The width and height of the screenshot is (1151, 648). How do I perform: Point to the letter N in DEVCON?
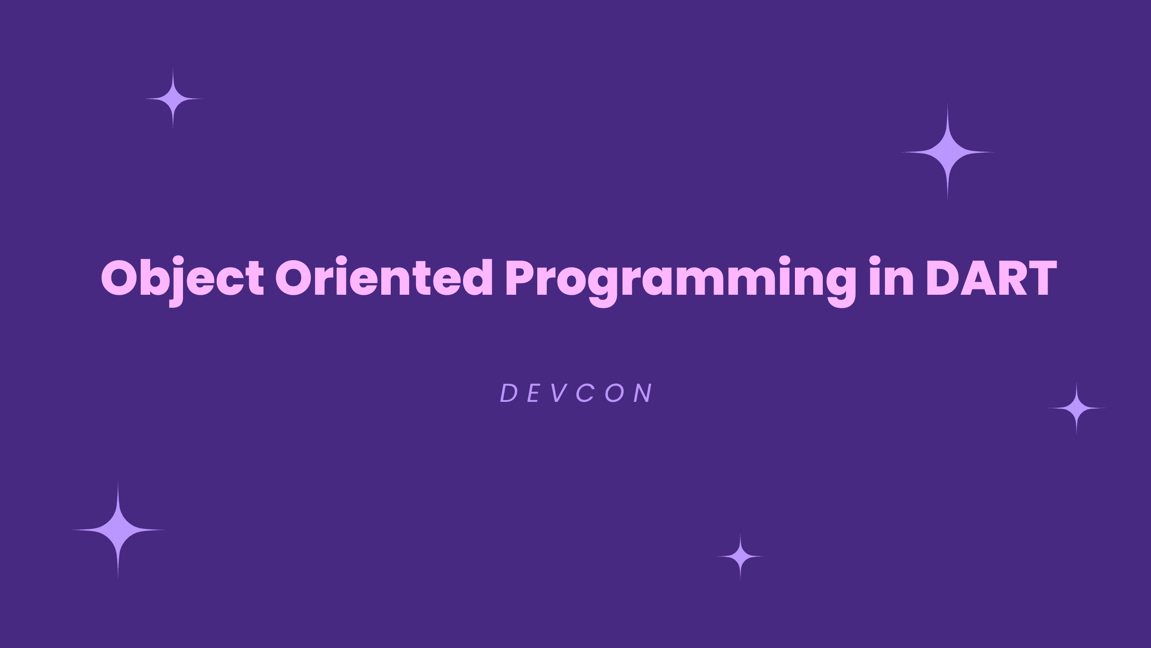644,394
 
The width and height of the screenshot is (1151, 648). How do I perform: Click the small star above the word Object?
174,99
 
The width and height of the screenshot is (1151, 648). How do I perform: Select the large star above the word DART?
948,153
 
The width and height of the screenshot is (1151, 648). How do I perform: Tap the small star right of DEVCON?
1076,408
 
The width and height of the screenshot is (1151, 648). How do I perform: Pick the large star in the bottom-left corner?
118,530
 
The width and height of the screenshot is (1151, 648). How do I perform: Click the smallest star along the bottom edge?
740,557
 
